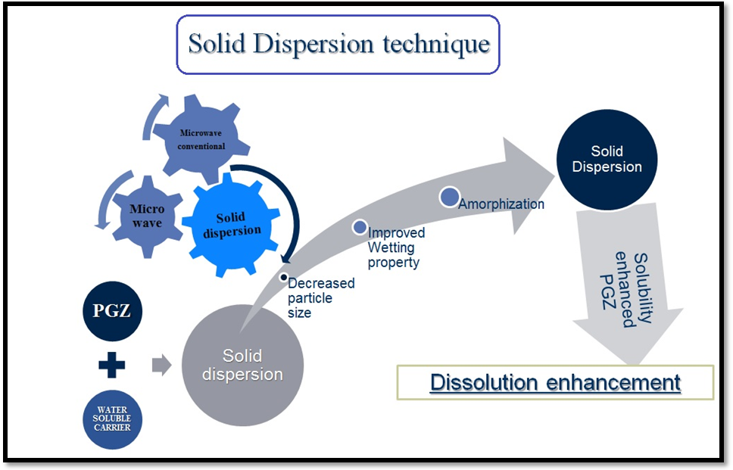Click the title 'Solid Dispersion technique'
pos(338,44)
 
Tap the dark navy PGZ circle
pos(113,311)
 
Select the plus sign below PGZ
pos(112,366)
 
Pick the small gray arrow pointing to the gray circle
pos(161,366)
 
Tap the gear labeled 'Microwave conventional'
pos(201,139)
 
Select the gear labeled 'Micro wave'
pos(147,216)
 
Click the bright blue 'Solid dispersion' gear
pos(232,224)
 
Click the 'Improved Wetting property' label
pos(396,247)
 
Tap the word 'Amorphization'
pos(501,204)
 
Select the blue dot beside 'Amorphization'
pos(449,197)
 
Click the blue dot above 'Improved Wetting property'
pos(360,226)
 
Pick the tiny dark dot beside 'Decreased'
pos(283,278)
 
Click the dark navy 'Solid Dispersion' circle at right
pos(607,160)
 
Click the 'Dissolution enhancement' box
pos(555,382)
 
